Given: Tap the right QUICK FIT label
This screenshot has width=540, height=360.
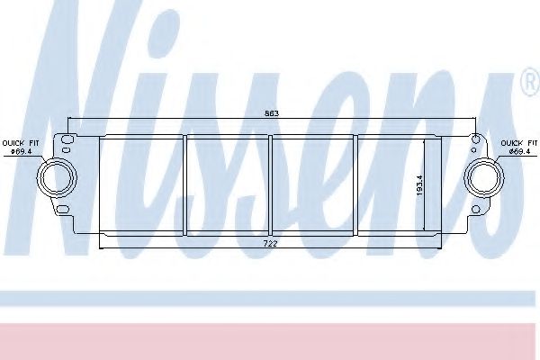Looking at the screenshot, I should tap(519, 143).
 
